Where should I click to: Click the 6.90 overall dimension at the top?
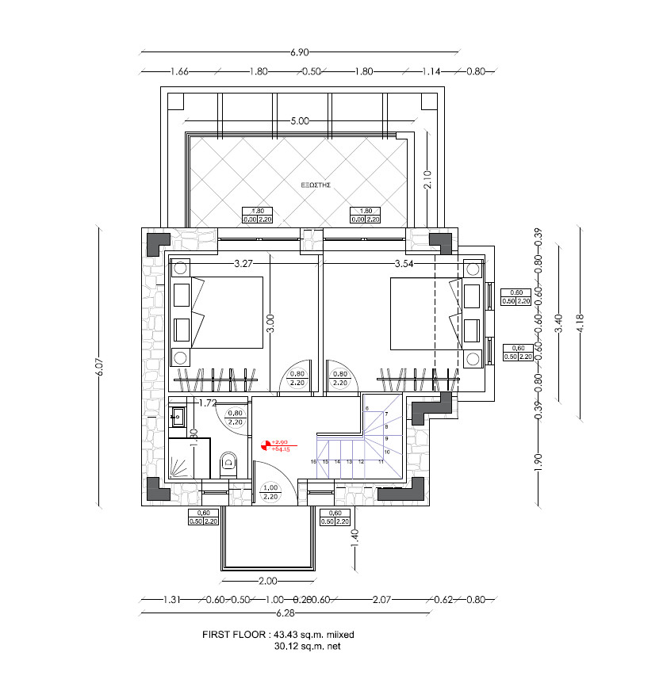[299, 52]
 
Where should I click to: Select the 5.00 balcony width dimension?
[299, 121]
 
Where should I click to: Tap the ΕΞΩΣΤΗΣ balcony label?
[316, 184]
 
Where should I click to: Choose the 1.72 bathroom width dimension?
[208, 403]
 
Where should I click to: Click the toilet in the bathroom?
[229, 461]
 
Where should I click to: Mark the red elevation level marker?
[266, 445]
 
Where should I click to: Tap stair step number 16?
[314, 461]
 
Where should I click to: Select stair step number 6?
[368, 407]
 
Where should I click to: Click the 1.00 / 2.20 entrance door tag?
[270, 492]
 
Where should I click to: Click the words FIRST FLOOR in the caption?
[234, 635]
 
